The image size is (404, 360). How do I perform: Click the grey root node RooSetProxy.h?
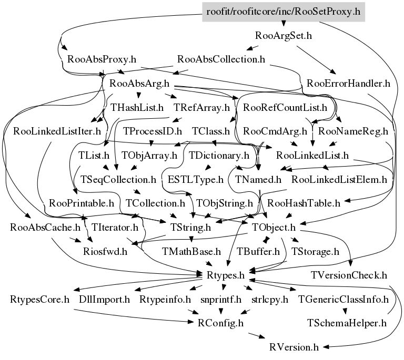pos(283,11)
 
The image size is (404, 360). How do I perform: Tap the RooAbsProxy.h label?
pos(98,59)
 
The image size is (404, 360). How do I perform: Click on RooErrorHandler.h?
pos(348,83)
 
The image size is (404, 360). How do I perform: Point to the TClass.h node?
pos(211,131)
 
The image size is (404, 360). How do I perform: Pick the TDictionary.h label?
pos(218,156)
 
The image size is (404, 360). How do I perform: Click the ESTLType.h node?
pos(196,179)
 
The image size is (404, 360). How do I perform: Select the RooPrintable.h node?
pos(81,202)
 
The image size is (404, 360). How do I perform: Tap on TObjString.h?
pos(224,202)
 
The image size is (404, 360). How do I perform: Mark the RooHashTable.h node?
pos(304,202)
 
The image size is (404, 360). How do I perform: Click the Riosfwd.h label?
pos(105,251)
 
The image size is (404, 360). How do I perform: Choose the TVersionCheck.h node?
pos(349,275)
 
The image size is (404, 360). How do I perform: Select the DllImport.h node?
pos(104,300)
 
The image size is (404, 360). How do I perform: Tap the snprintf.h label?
pos(220,300)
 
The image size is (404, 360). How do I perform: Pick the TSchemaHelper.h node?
pos(347,323)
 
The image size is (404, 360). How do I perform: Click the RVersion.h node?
pos(294,347)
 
